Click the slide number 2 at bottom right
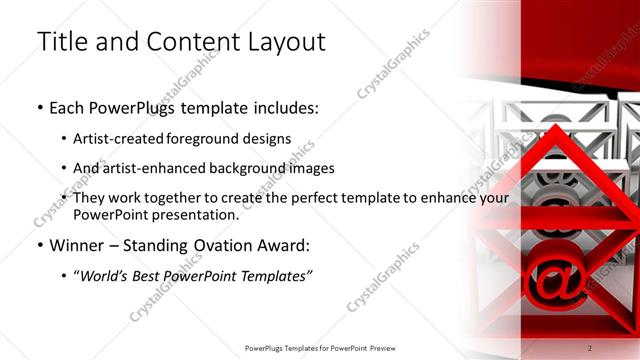coord(589,347)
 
